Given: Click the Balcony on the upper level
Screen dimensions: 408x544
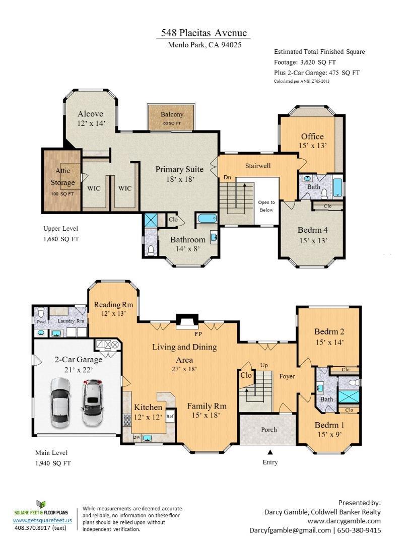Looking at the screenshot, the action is click(x=172, y=117).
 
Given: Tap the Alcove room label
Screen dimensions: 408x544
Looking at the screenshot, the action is click(x=91, y=118).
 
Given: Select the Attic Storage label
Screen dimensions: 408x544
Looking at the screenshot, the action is click(x=63, y=177).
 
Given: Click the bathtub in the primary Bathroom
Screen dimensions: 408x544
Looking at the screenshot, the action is click(x=207, y=219).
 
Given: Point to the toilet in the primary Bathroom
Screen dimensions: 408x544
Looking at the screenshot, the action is click(x=151, y=249).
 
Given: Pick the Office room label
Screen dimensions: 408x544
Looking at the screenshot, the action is click(x=313, y=141).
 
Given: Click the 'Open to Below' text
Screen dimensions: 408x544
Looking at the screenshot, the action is click(x=266, y=206).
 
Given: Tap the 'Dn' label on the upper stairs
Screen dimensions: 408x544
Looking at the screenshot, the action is click(x=227, y=178).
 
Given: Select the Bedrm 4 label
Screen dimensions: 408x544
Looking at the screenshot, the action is click(x=313, y=235).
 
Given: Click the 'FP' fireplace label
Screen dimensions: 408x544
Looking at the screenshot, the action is click(x=198, y=334).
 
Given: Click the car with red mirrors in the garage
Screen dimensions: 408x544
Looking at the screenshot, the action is click(x=93, y=402).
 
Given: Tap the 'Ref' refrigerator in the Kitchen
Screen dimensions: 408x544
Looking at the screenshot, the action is click(x=170, y=417).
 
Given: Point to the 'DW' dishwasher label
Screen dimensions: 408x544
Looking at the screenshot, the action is click(x=137, y=437).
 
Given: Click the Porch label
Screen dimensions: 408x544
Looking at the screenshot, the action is click(x=269, y=430).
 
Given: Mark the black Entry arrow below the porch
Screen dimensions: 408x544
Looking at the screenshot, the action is click(x=270, y=452).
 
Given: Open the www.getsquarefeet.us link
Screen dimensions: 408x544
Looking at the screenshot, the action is click(x=43, y=520).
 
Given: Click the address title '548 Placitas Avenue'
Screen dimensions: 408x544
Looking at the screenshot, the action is click(x=204, y=33).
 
